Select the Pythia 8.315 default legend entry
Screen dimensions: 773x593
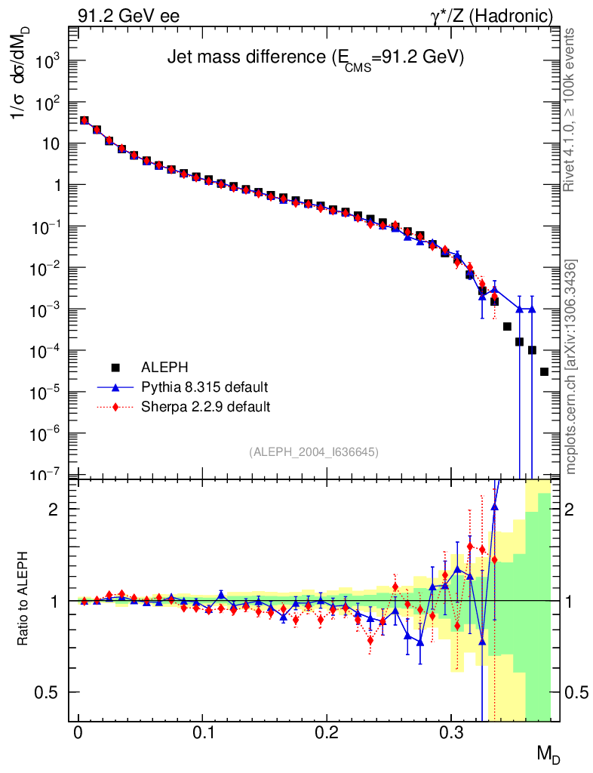[204, 387]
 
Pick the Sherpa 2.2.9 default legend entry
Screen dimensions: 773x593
[205, 407]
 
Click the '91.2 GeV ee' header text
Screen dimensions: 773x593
[128, 16]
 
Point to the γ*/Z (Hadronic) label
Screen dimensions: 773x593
[493, 16]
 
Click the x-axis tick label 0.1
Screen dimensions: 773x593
[202, 733]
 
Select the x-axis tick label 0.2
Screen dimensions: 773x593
[326, 733]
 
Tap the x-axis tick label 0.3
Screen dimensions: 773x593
[450, 733]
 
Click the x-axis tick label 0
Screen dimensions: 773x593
[78, 733]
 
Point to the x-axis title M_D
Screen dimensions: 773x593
[548, 753]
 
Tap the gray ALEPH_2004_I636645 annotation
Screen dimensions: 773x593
[313, 451]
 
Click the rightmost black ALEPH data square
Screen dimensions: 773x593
[544, 371]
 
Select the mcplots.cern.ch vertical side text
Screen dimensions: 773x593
[572, 367]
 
